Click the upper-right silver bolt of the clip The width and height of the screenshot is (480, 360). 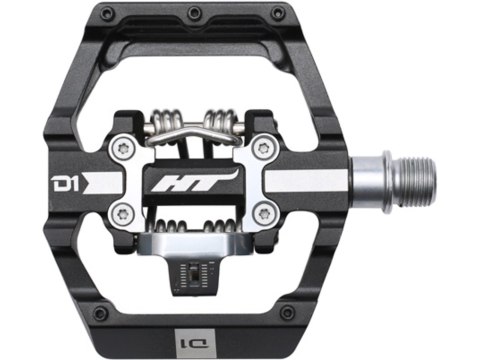[x=263, y=147]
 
